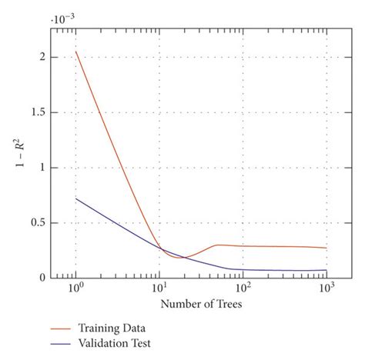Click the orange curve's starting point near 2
pyautogui.click(x=76, y=52)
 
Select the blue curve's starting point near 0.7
pyautogui.click(x=76, y=198)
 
